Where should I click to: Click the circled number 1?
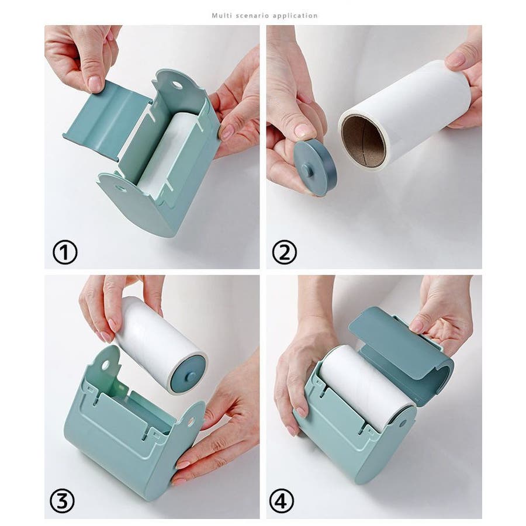pyautogui.click(x=65, y=252)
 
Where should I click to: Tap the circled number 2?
pyautogui.click(x=284, y=252)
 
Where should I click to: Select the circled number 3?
pyautogui.click(x=63, y=501)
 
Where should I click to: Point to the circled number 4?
pyautogui.click(x=282, y=501)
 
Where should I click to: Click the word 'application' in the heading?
pyautogui.click(x=295, y=16)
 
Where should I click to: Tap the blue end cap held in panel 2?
pyautogui.click(x=315, y=168)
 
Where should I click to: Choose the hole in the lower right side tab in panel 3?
pyautogui.click(x=191, y=421)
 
